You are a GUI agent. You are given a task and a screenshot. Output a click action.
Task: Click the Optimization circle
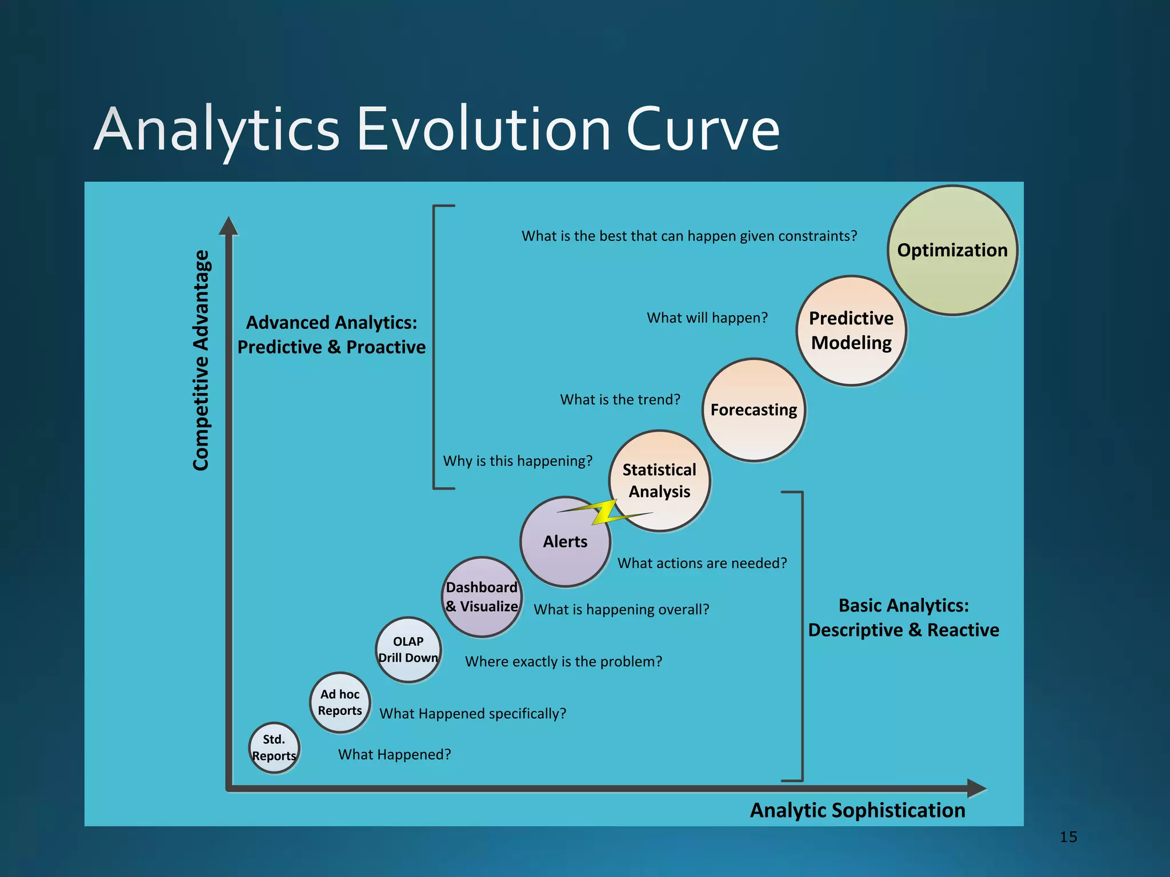click(x=952, y=250)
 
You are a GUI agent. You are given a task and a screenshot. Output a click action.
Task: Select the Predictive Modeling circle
click(x=851, y=331)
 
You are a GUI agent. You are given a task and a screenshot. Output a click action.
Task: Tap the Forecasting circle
click(x=754, y=410)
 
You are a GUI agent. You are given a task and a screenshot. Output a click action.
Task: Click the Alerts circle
click(x=565, y=542)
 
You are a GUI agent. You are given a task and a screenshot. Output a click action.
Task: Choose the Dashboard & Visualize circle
click(x=482, y=597)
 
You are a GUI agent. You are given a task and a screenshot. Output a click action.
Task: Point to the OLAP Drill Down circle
click(x=408, y=650)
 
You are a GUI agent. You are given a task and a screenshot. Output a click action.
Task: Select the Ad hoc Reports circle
click(x=340, y=703)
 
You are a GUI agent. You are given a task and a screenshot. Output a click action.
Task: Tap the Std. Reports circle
click(x=274, y=748)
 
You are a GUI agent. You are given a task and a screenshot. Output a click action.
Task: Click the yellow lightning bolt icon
click(x=605, y=512)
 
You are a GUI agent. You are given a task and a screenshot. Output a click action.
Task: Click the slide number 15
click(x=1068, y=837)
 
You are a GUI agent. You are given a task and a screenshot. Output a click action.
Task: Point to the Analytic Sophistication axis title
click(x=858, y=811)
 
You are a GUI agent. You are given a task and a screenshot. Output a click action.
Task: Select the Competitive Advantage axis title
click(x=201, y=360)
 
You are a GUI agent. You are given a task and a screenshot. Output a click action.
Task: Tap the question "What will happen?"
click(x=707, y=318)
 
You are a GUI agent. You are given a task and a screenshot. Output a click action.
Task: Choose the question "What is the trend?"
click(x=620, y=400)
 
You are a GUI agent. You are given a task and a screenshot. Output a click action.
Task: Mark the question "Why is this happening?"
click(x=518, y=461)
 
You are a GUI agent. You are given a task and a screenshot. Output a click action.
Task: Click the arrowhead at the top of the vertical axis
click(x=229, y=226)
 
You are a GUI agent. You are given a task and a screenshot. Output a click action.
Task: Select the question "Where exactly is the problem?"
click(x=563, y=662)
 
